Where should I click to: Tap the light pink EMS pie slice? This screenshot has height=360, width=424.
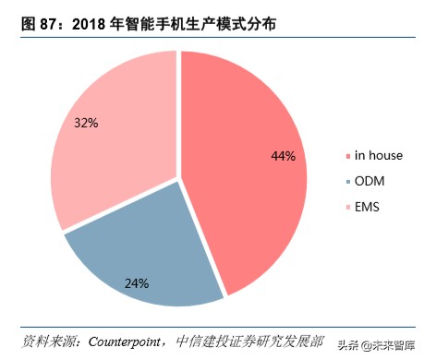point(111,138)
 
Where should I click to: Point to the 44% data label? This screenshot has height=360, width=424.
point(283,156)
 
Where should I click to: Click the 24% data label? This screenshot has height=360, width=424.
point(137,282)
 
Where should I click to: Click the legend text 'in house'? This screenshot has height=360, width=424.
point(380,155)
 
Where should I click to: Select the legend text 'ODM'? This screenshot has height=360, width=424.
point(370,180)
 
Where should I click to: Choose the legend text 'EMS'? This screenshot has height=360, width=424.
point(369,206)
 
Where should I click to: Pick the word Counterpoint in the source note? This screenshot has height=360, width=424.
point(130,341)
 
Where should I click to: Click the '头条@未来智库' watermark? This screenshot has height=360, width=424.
point(376,344)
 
